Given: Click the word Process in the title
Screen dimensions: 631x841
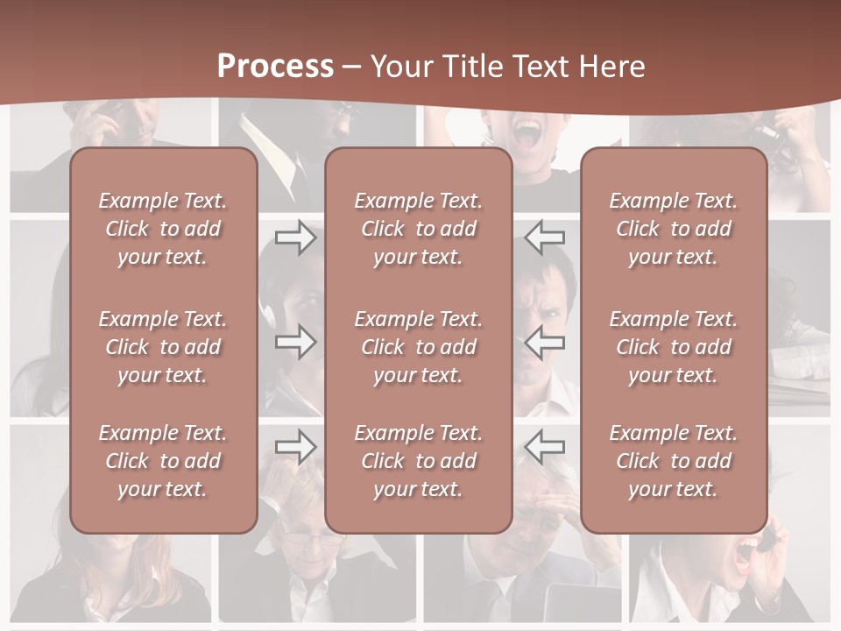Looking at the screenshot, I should click(x=275, y=67).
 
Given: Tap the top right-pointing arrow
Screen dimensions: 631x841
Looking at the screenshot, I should click(x=295, y=238).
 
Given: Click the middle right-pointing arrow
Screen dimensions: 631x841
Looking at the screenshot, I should click(x=295, y=342).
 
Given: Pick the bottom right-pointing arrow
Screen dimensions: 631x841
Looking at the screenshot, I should click(x=295, y=446).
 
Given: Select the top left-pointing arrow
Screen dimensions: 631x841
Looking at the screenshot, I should click(x=544, y=238).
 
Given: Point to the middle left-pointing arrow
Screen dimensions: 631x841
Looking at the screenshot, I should click(x=544, y=342).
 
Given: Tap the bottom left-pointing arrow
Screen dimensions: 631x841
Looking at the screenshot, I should click(x=544, y=446).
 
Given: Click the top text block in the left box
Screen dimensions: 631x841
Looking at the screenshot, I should click(x=163, y=229).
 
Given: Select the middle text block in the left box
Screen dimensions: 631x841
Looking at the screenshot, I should click(x=163, y=347).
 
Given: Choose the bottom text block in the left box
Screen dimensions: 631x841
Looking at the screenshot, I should click(x=163, y=461).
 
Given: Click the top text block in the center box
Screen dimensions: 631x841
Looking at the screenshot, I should click(x=418, y=229).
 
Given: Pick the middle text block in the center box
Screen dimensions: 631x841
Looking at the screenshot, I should click(x=418, y=347).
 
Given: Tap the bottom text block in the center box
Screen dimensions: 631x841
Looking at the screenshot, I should click(x=418, y=461).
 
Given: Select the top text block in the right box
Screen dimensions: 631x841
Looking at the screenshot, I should click(x=674, y=229).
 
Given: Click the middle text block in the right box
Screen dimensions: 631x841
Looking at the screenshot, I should click(x=674, y=347).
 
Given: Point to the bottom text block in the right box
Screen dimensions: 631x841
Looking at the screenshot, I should click(x=674, y=461).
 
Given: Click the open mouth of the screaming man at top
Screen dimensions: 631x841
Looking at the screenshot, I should click(x=527, y=134).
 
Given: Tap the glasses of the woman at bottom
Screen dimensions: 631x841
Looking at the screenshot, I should click(x=314, y=538).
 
